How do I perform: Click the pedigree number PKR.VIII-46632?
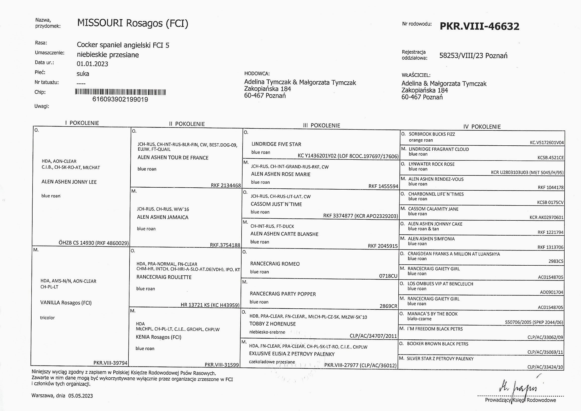[x=479, y=26]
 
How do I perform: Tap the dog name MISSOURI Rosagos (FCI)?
[x=133, y=23]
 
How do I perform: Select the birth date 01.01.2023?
[x=92, y=64]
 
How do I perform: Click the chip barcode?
[x=121, y=92]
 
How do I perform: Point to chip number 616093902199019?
[x=120, y=99]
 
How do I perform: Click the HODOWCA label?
[x=257, y=74]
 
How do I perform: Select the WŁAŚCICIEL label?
[x=416, y=75]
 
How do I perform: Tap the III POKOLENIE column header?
[x=321, y=125]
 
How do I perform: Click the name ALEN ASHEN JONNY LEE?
[x=69, y=182]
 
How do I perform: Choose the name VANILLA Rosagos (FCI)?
[x=66, y=303]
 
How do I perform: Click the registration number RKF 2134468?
[x=226, y=186]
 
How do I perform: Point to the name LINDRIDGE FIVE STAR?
[x=276, y=144]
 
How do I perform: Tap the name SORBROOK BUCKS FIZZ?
[x=432, y=134]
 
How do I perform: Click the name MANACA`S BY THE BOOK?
[x=432, y=314]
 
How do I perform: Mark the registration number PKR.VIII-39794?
[x=110, y=363]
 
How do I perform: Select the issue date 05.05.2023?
[x=81, y=396]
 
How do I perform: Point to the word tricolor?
[x=47, y=318]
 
